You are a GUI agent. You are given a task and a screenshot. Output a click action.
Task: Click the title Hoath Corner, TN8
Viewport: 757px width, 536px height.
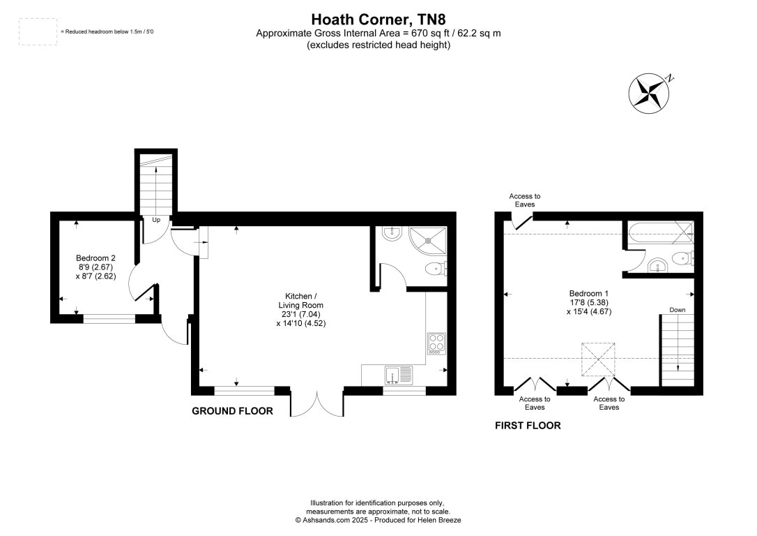click(378, 19)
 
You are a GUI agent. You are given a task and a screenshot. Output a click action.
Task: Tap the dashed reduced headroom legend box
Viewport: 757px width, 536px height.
click(38, 32)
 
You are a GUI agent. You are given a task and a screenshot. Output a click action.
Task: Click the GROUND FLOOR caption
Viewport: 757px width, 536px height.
click(232, 411)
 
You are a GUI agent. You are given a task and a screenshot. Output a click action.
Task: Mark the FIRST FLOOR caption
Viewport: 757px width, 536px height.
click(528, 425)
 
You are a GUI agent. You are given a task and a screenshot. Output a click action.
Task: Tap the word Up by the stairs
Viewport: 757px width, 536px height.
click(156, 221)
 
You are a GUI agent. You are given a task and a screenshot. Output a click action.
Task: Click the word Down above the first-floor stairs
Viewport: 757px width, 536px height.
click(677, 309)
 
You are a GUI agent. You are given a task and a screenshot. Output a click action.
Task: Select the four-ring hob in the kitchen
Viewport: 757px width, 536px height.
click(436, 343)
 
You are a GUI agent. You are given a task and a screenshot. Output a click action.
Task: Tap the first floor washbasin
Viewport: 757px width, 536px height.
click(657, 265)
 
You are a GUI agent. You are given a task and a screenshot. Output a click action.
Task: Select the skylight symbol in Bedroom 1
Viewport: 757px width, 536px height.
click(598, 359)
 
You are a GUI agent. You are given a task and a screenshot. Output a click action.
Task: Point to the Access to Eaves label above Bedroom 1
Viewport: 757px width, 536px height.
click(525, 200)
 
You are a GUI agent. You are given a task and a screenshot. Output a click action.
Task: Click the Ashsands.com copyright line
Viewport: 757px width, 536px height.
click(378, 520)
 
